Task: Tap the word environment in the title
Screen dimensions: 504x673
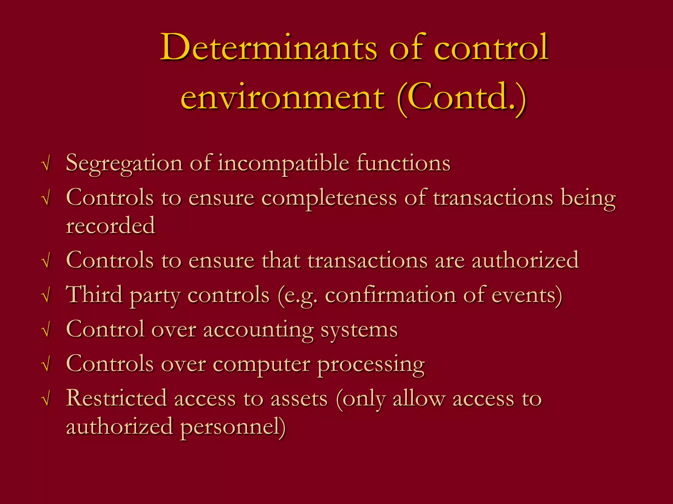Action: click(x=282, y=97)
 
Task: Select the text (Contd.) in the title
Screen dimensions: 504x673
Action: click(x=462, y=97)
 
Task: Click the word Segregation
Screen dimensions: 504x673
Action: click(x=124, y=163)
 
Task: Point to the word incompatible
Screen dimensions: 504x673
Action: click(x=283, y=163)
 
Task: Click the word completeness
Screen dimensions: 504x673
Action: click(x=329, y=198)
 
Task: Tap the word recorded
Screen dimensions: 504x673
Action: click(x=110, y=226)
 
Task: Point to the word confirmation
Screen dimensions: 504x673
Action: click(x=390, y=295)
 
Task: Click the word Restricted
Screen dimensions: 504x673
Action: click(x=116, y=398)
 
